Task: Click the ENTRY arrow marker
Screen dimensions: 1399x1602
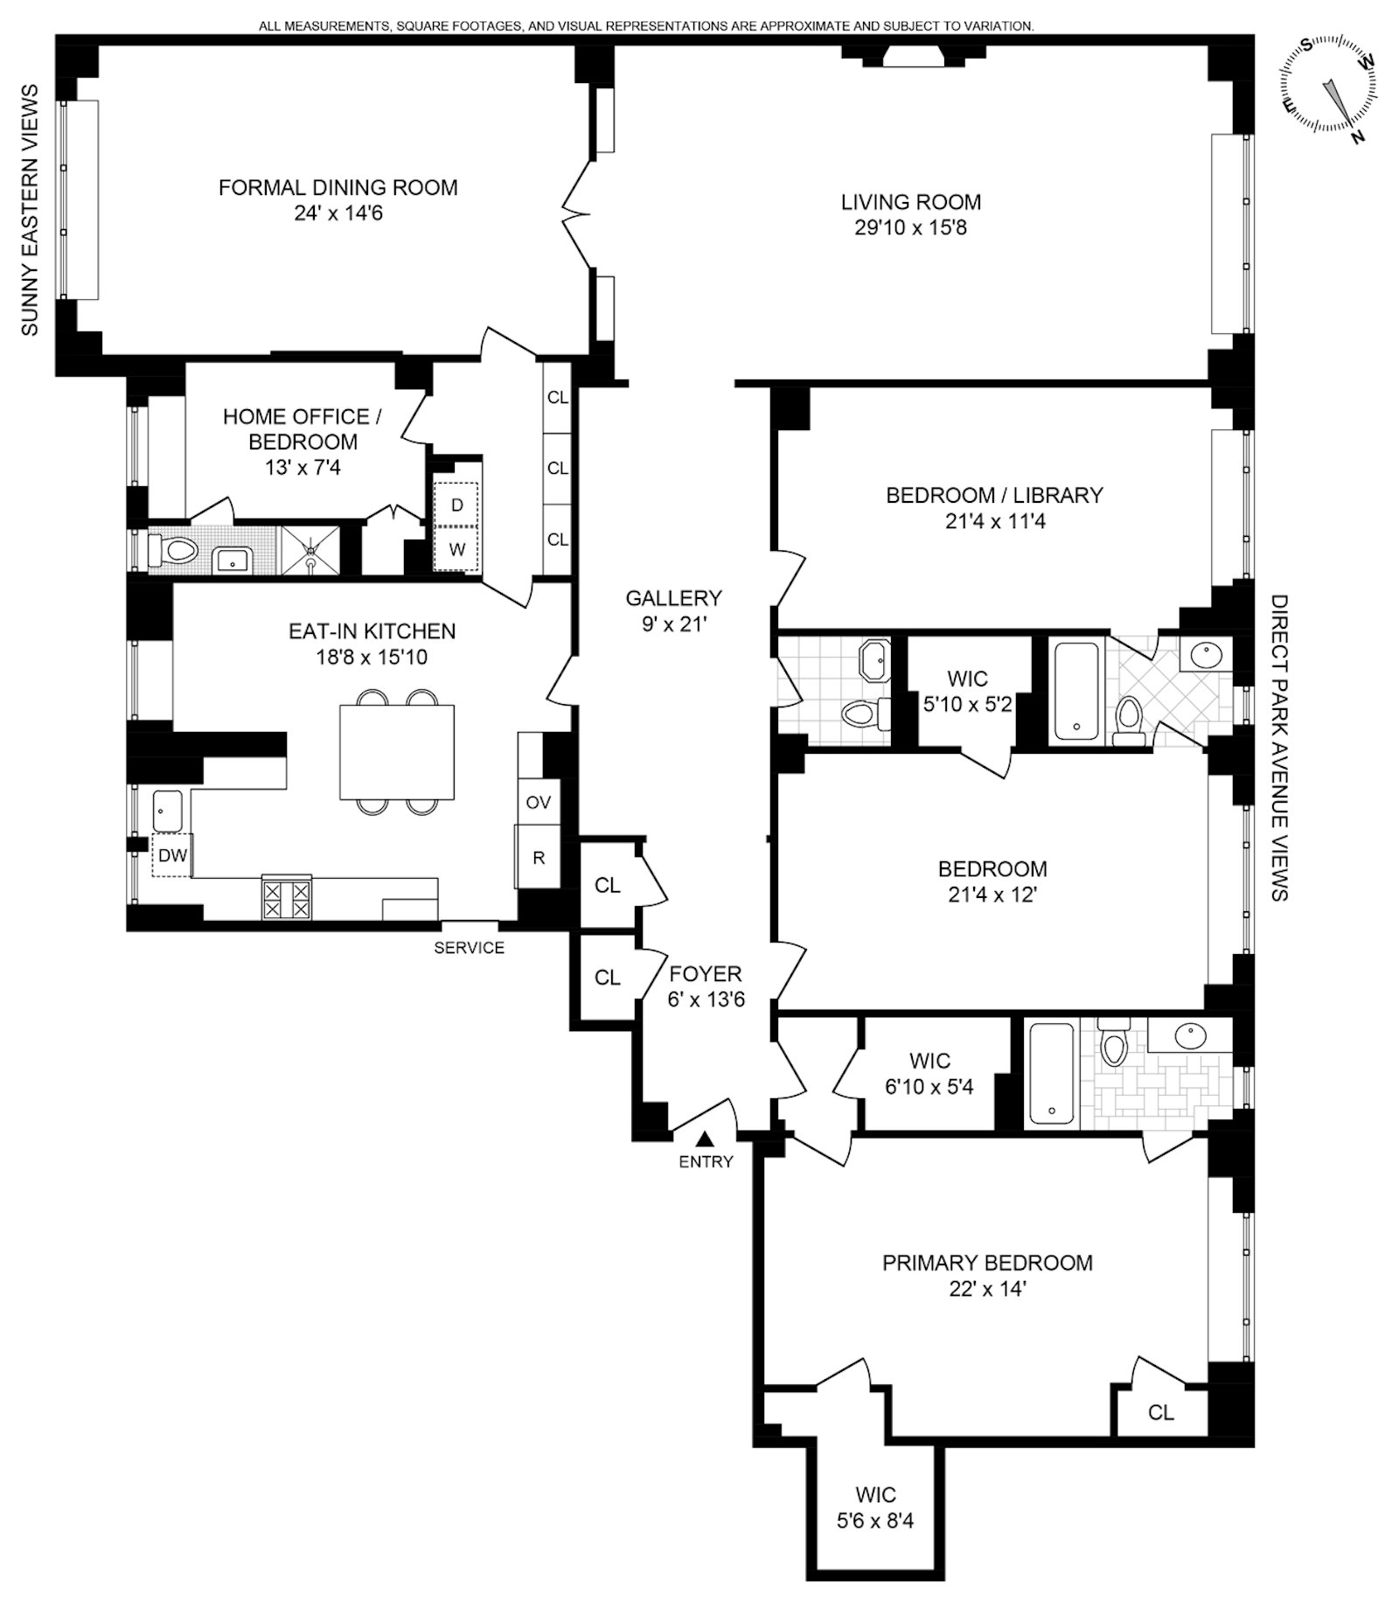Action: click(x=705, y=1139)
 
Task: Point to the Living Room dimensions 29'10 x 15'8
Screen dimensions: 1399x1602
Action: click(x=911, y=228)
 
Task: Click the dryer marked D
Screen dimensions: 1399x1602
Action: click(x=456, y=505)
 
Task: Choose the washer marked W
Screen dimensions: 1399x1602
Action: click(x=456, y=549)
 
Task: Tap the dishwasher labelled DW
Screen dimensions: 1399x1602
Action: click(x=172, y=855)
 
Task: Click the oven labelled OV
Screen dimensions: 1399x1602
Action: click(x=539, y=802)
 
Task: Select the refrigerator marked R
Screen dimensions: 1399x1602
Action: click(x=539, y=857)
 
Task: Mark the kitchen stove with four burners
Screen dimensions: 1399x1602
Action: click(x=287, y=898)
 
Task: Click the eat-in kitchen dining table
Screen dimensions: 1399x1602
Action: click(x=397, y=752)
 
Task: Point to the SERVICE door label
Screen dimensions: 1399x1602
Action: click(x=470, y=948)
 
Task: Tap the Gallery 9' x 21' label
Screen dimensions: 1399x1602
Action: click(x=673, y=610)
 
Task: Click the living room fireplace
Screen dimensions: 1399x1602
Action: click(x=908, y=56)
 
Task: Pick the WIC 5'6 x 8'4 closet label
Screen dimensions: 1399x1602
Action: click(x=875, y=1507)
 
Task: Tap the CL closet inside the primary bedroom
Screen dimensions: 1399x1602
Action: click(x=1161, y=1412)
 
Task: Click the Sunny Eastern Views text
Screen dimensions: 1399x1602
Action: click(x=30, y=210)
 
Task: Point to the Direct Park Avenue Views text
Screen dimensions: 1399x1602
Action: click(x=1279, y=748)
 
